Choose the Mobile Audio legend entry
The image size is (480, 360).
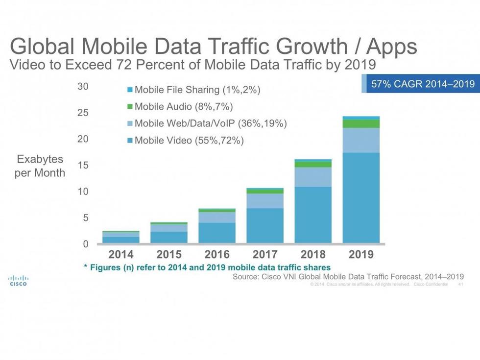pyautogui.click(x=180, y=107)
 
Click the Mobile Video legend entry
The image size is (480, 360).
pyautogui.click(x=186, y=141)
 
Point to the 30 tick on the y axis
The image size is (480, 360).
pyautogui.click(x=83, y=87)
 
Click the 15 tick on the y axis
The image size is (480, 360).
pyautogui.click(x=83, y=166)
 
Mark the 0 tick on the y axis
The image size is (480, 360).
pyautogui.click(x=85, y=244)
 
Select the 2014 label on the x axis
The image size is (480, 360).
pyautogui.click(x=120, y=254)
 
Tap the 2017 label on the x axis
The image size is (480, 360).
pyautogui.click(x=265, y=254)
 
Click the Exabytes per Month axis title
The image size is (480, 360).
pyautogui.click(x=40, y=166)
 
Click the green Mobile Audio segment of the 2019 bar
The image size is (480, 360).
pyautogui.click(x=361, y=123)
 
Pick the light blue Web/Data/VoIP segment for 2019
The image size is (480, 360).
pyautogui.click(x=361, y=140)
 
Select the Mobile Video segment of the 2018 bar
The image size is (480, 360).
pyautogui.click(x=313, y=215)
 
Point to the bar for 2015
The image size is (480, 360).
pyautogui.click(x=169, y=233)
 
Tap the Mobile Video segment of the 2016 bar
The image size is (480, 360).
pyautogui.click(x=217, y=233)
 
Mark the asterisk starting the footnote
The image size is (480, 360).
pyautogui.click(x=85, y=267)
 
